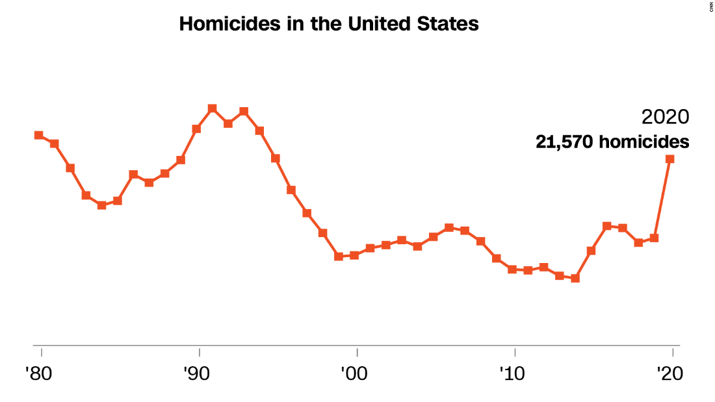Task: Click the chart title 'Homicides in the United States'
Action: click(x=329, y=25)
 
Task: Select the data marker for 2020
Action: click(x=670, y=158)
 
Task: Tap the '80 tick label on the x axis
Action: click(x=41, y=375)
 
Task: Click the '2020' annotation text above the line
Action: click(x=664, y=118)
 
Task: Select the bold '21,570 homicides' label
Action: click(x=612, y=142)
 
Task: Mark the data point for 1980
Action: click(x=39, y=135)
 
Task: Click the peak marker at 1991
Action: click(x=212, y=108)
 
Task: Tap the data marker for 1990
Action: click(x=196, y=129)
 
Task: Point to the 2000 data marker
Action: click(x=354, y=255)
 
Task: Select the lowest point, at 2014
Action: click(x=575, y=278)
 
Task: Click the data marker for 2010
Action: click(x=512, y=270)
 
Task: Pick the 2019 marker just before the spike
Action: click(x=655, y=238)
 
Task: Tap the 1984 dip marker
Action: click(x=102, y=205)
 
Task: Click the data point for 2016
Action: click(x=607, y=226)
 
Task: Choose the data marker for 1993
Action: click(x=244, y=111)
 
